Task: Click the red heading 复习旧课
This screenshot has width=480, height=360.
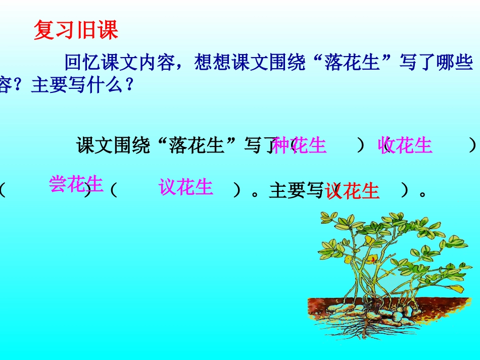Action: click(76, 31)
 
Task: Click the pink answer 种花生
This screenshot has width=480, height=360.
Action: click(299, 145)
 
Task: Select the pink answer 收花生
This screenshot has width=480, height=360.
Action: click(405, 145)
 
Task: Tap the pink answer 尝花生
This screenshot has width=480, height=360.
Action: click(76, 184)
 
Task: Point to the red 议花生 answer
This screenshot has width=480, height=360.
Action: click(352, 191)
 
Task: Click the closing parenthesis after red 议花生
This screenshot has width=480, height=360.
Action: click(404, 191)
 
